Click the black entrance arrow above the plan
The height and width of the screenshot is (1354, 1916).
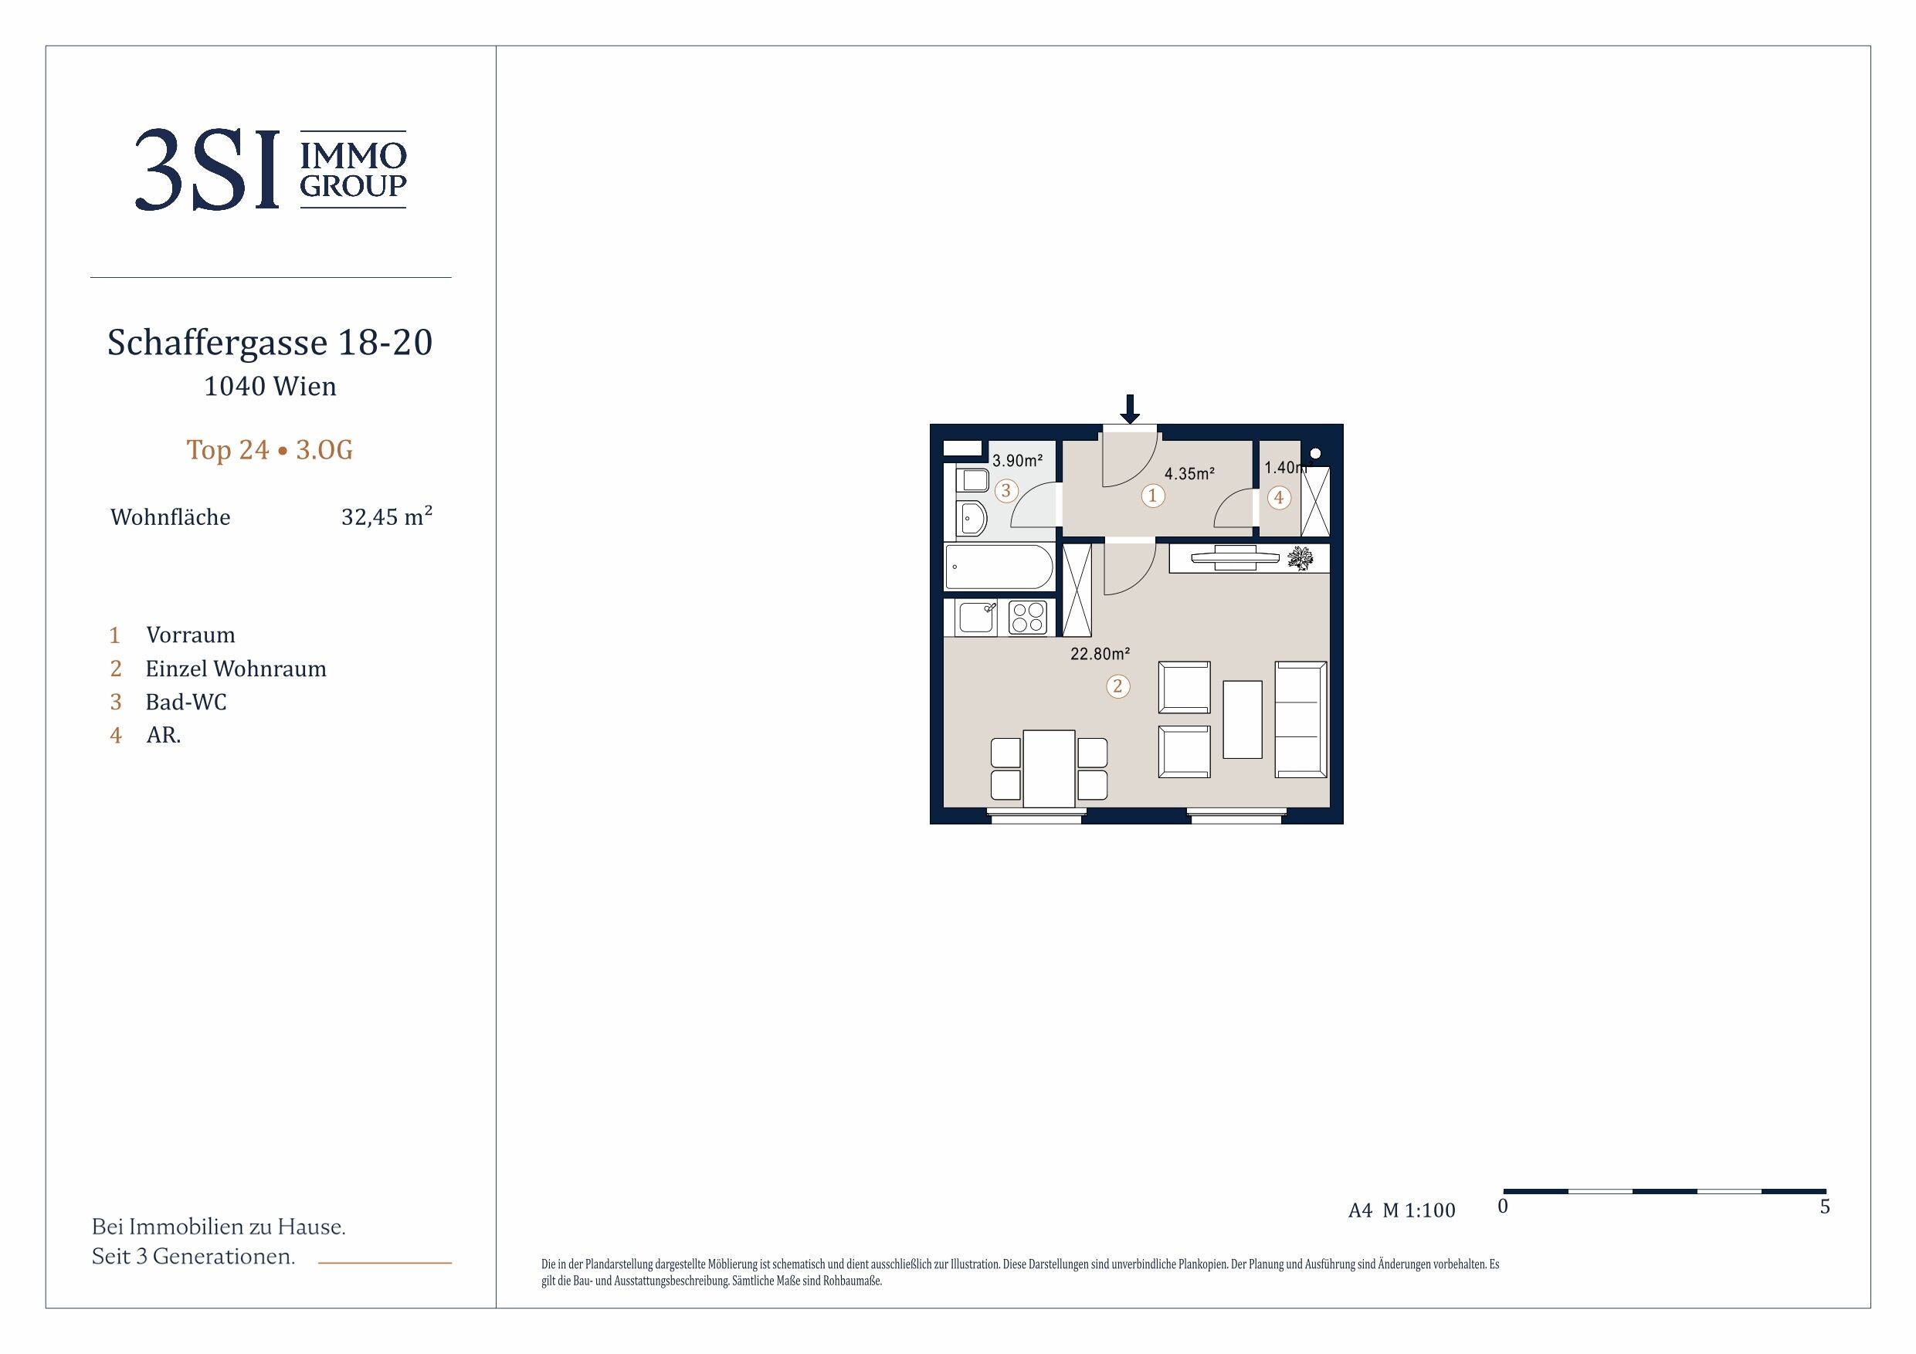(x=1129, y=409)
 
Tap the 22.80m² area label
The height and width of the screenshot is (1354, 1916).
(x=1100, y=654)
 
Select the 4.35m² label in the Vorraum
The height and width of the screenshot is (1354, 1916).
(x=1189, y=474)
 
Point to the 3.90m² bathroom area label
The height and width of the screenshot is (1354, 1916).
(x=1017, y=461)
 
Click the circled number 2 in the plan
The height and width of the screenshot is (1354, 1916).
(x=1118, y=686)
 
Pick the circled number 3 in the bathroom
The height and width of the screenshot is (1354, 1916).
(x=1005, y=490)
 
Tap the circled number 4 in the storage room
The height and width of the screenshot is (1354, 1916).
(x=1278, y=498)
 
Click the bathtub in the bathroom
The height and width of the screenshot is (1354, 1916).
(x=999, y=567)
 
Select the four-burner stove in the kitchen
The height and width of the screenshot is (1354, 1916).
(x=1028, y=618)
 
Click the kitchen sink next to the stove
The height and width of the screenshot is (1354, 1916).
(x=977, y=618)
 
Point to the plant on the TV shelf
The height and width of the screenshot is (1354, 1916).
(x=1301, y=558)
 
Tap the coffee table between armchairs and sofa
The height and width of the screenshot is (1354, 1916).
(x=1242, y=719)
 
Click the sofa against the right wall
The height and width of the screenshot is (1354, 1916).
(x=1301, y=720)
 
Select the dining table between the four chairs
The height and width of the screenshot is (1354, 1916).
(x=1049, y=768)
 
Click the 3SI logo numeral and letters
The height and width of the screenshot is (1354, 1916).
(x=207, y=169)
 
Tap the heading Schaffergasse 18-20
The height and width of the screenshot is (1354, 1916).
(x=270, y=342)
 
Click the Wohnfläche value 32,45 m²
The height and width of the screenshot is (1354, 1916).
(x=386, y=516)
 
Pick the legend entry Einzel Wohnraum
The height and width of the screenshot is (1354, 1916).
(x=236, y=669)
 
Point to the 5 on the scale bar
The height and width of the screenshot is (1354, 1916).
(x=1824, y=1207)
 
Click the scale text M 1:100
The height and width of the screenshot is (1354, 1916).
(x=1419, y=1210)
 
